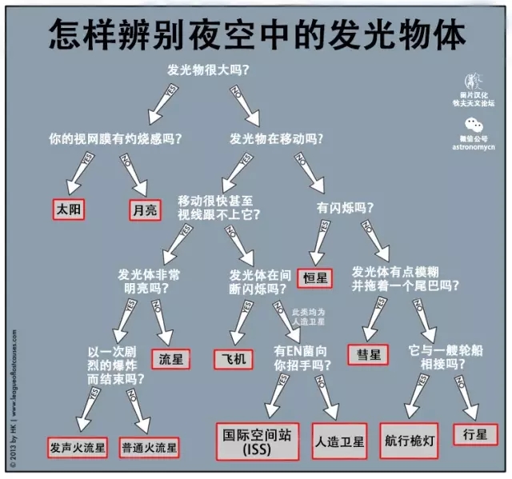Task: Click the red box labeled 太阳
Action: [70, 210]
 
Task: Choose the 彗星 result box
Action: [369, 353]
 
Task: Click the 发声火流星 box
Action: [77, 447]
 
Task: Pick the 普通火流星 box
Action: [149, 447]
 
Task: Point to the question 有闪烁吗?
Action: [346, 207]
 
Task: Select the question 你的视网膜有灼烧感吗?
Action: [115, 138]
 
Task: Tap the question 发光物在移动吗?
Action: [277, 138]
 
